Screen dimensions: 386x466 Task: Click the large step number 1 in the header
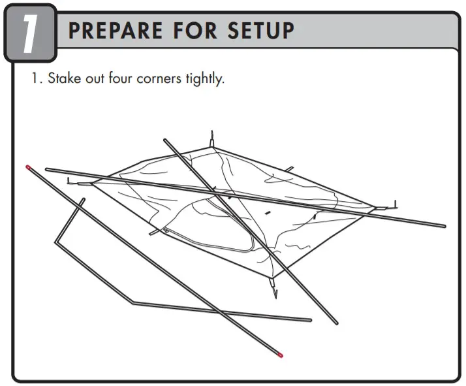[x=28, y=33]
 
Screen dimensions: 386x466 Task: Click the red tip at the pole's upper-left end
[x=29, y=168]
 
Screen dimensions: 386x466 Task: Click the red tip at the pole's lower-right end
[x=280, y=355]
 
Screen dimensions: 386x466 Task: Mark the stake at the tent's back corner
[x=212, y=139]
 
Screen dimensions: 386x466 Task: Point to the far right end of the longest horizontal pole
[x=444, y=227]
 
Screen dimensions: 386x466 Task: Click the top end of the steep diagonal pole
[x=166, y=139]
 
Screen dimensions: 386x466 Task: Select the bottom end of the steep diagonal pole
[x=335, y=322]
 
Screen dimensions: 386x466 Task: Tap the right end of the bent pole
[x=309, y=320]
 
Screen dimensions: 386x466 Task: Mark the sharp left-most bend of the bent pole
[x=57, y=241]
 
